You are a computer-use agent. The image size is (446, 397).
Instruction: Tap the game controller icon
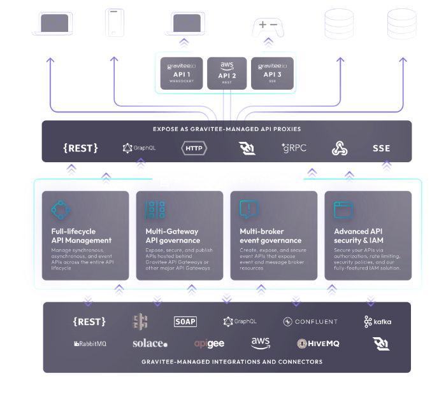(268, 27)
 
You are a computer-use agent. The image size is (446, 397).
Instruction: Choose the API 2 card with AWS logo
(227, 73)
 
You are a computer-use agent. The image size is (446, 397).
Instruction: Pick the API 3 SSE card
(273, 73)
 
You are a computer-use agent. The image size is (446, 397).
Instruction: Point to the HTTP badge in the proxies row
(194, 148)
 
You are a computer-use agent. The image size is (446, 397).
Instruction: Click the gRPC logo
(294, 148)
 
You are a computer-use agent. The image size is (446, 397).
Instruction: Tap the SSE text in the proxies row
(381, 148)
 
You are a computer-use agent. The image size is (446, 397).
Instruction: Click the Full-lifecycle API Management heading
(82, 236)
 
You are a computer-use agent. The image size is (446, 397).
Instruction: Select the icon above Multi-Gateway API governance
(155, 210)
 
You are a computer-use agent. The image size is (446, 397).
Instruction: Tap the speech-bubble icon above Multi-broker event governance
(248, 209)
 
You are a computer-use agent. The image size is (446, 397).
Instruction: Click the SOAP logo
(185, 322)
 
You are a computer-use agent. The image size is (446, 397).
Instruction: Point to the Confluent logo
(311, 322)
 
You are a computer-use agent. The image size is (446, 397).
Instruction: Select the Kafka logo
(378, 321)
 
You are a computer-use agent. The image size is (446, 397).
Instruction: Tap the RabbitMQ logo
(90, 344)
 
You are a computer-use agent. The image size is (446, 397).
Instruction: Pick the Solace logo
(150, 344)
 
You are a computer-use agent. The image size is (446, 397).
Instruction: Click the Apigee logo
(209, 344)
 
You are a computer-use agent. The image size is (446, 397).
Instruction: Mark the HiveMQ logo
(319, 344)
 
